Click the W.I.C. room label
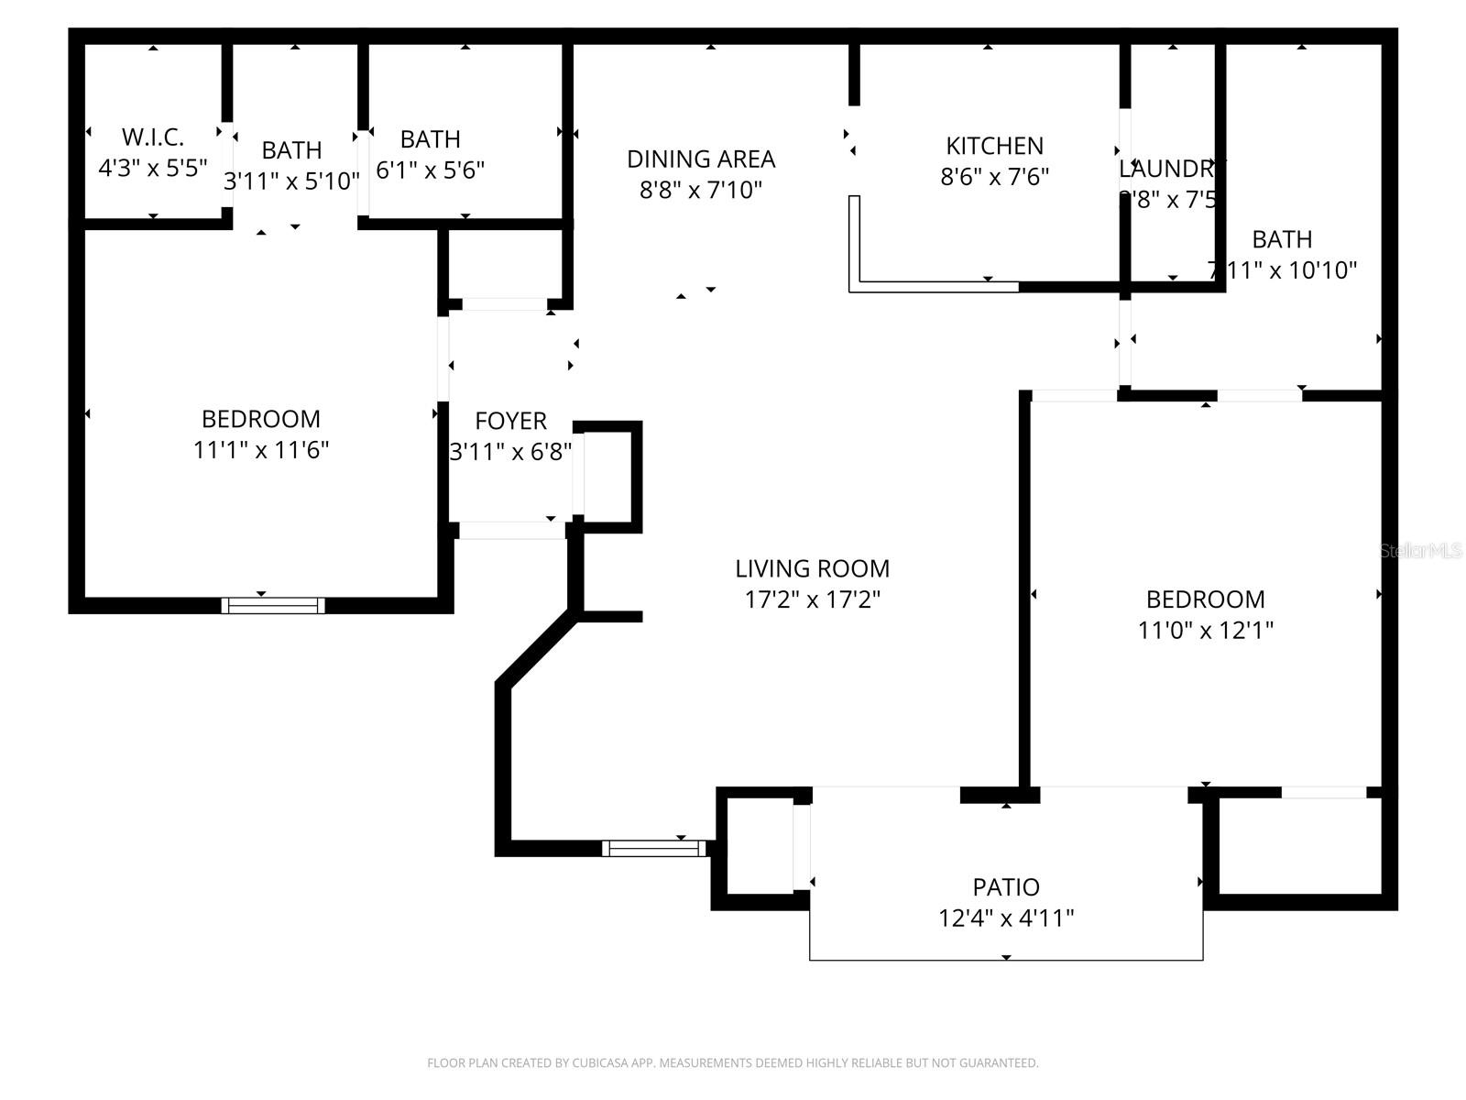coord(153,137)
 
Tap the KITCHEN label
coord(994,146)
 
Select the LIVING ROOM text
coord(812,568)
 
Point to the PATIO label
coord(1006,887)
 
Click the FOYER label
coord(510,421)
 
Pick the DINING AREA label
coord(701,159)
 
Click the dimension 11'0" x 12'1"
coord(1205,631)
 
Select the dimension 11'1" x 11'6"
coord(261,450)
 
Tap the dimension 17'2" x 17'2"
coord(812,599)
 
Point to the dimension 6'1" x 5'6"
coord(430,170)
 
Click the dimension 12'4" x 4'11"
coord(1006,918)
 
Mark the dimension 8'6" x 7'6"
coord(994,176)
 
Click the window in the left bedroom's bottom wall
coord(273,605)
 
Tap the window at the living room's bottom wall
coord(654,849)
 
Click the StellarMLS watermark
coord(1421,551)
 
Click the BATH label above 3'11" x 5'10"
coord(291,150)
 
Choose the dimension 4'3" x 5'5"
coord(153,168)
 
